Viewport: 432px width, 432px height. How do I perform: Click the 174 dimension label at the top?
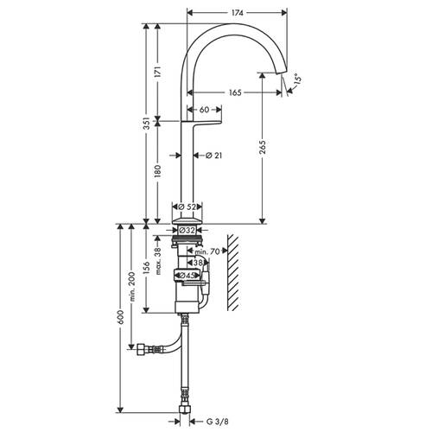pos(238,13)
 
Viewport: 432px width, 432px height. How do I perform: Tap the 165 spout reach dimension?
pos(235,92)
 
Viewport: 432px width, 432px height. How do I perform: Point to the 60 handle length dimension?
pos(204,110)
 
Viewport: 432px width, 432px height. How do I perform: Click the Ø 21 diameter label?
pos(214,156)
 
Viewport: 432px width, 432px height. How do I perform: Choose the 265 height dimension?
pos(263,147)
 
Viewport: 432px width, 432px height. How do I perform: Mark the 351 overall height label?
pos(147,124)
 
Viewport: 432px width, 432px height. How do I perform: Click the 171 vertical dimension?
pos(157,72)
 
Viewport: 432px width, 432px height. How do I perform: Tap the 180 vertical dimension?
pos(157,171)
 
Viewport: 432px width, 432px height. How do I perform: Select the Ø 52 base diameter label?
pos(187,206)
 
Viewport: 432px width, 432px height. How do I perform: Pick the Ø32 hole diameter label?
pos(187,230)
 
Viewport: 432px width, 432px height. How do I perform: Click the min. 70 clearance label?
pos(207,251)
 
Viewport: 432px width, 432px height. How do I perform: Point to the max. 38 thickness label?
pos(157,261)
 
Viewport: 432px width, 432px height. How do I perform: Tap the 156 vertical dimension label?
pos(147,268)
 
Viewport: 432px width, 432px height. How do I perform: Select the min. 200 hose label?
pos(132,286)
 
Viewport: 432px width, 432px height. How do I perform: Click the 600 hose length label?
pos(121,317)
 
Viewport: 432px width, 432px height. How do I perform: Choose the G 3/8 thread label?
pos(218,422)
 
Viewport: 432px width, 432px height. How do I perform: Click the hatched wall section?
pos(233,273)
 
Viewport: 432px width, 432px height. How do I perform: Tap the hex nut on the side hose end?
pos(140,349)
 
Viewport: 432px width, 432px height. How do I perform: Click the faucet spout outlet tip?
pos(282,73)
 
